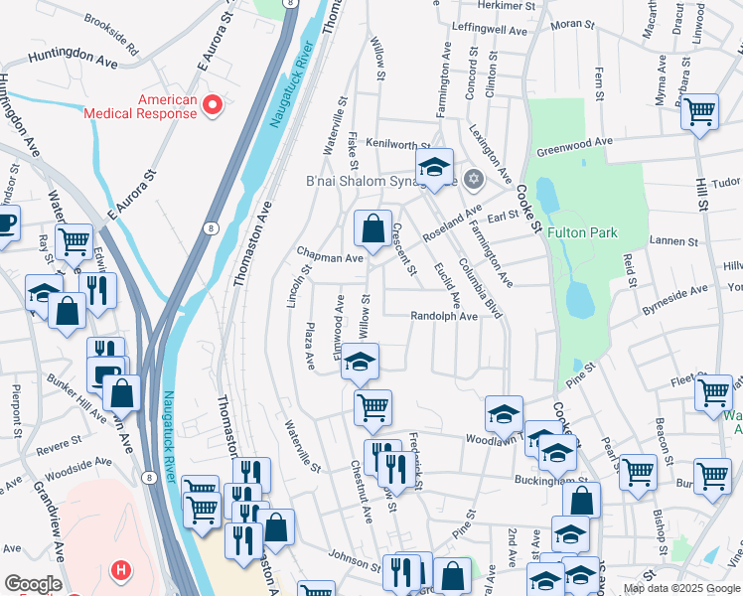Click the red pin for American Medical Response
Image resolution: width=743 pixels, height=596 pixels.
(x=212, y=104)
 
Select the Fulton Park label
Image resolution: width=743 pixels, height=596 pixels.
(x=582, y=233)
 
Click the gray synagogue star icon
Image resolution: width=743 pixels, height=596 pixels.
(x=474, y=179)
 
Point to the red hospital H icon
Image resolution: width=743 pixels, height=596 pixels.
(x=121, y=570)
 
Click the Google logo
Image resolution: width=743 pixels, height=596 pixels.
(x=33, y=584)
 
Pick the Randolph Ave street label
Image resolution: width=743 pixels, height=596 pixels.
(x=444, y=317)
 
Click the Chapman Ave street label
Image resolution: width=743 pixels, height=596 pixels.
(x=329, y=258)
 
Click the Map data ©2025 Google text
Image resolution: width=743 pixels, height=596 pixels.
(x=680, y=588)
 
